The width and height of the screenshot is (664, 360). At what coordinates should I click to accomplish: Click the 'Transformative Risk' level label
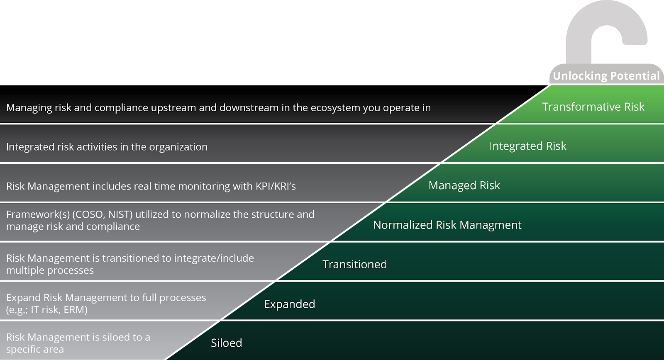(x=593, y=107)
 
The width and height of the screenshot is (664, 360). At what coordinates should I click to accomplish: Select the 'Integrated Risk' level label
(x=527, y=146)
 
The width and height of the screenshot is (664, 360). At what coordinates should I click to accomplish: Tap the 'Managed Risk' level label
(x=464, y=185)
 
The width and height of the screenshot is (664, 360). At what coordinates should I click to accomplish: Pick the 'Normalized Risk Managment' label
(x=447, y=225)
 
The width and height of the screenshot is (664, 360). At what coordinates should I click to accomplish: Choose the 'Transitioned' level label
(x=354, y=264)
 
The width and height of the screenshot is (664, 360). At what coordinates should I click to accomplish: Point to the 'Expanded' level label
(x=289, y=304)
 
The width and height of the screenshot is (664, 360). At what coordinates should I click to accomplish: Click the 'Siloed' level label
(x=226, y=343)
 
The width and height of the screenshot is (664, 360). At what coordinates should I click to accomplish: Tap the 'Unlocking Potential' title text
(x=606, y=76)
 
